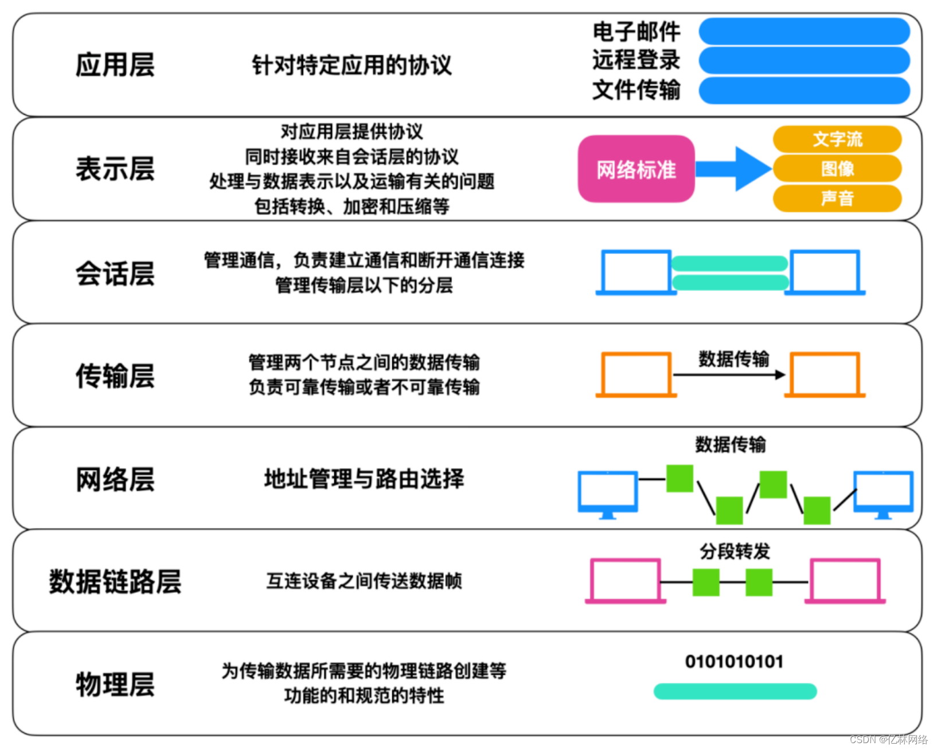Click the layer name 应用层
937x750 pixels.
pyautogui.click(x=115, y=65)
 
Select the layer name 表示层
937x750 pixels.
pyautogui.click(x=115, y=169)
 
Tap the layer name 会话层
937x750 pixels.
pyautogui.click(x=115, y=273)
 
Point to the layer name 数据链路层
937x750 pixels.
pyautogui.click(x=115, y=581)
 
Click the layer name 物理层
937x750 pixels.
pyautogui.click(x=115, y=684)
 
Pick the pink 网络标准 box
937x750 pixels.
pyautogui.click(x=636, y=169)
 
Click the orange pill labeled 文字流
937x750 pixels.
pyautogui.click(x=837, y=139)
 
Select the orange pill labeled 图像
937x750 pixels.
pyautogui.click(x=837, y=169)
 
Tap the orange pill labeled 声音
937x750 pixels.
pyautogui.click(x=837, y=198)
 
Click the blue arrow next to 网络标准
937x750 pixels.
pyautogui.click(x=734, y=169)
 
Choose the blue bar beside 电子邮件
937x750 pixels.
pyautogui.click(x=804, y=32)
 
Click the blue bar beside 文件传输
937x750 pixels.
pyautogui.click(x=804, y=91)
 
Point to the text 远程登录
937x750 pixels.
pyautogui.click(x=636, y=60)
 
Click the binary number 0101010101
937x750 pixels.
pyautogui.click(x=734, y=662)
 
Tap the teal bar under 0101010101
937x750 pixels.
pyautogui.click(x=735, y=691)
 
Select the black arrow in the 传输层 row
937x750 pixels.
pyautogui.click(x=729, y=375)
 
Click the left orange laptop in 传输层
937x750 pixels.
pyautogui.click(x=636, y=374)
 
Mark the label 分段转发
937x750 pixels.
pyautogui.click(x=735, y=551)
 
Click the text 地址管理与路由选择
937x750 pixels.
pyautogui.click(x=364, y=479)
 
